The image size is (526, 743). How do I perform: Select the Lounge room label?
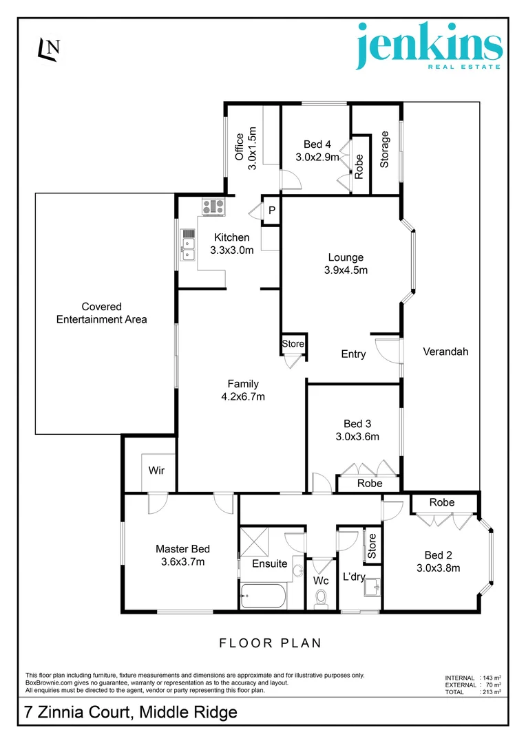345,263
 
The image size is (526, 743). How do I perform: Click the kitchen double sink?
188,246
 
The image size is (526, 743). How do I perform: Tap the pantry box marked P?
271,210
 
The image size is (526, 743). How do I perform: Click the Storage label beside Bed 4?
385,149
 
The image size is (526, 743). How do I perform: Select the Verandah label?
445,352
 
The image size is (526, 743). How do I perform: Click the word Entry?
353,354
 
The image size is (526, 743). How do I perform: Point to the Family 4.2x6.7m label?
243,390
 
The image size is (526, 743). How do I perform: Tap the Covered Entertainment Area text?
101,313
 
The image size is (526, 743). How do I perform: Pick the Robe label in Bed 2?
442,502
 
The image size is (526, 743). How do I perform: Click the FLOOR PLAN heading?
271,643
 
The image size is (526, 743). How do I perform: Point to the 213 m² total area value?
492,693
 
